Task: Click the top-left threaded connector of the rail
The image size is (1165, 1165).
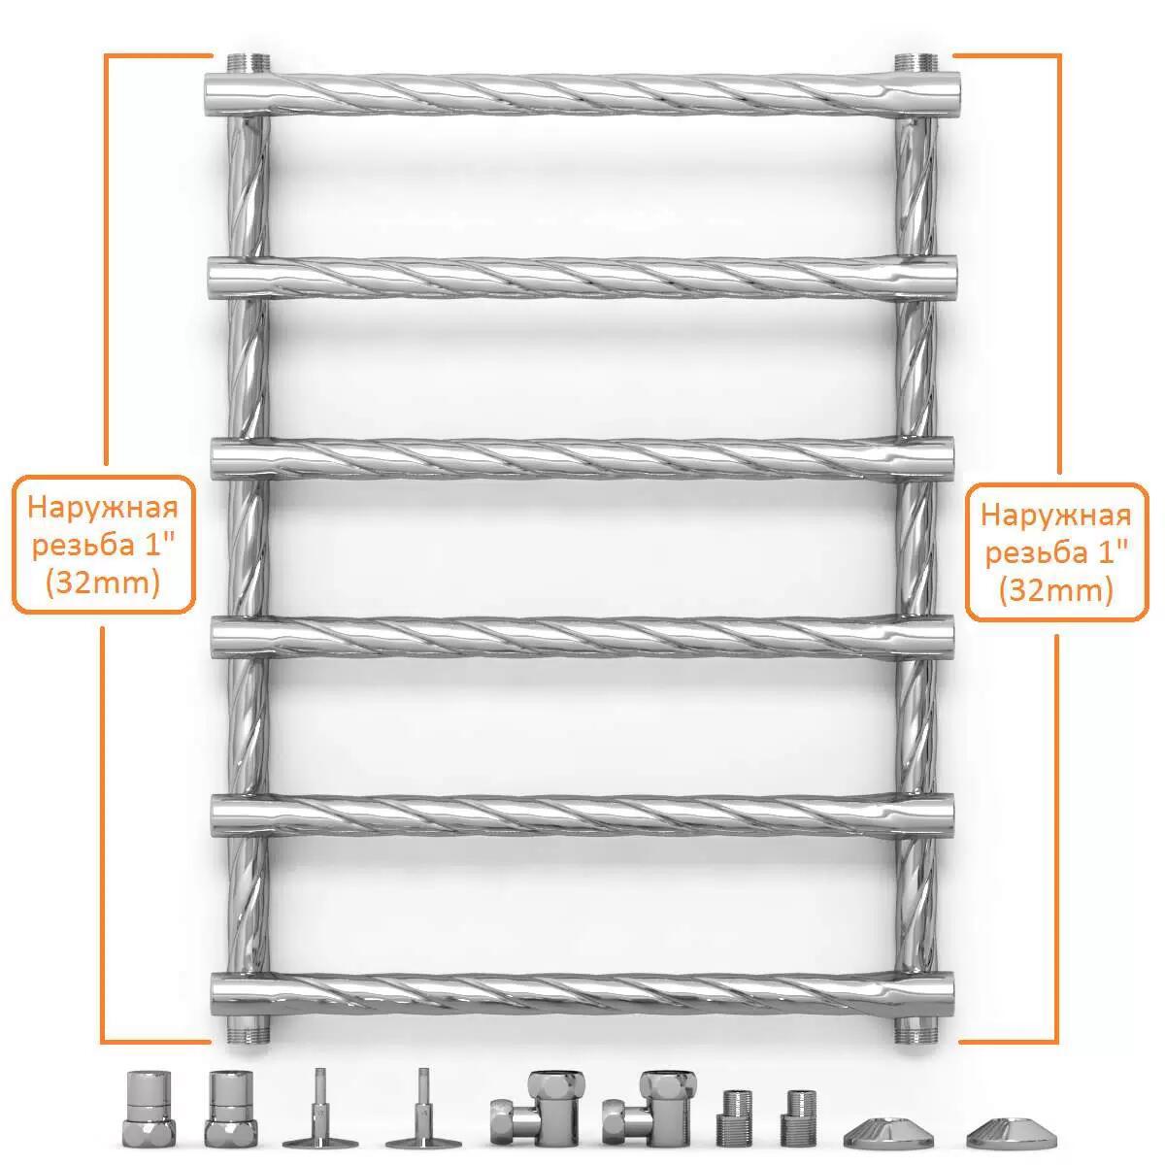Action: [249, 63]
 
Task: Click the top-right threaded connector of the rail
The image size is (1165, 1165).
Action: [915, 63]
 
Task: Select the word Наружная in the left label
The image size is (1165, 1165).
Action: [103, 509]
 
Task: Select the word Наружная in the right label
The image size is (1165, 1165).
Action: [1055, 516]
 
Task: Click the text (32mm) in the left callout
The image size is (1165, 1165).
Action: [103, 583]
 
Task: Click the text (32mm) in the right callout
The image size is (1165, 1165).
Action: [1056, 590]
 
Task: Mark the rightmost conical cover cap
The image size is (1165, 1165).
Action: [1012, 1132]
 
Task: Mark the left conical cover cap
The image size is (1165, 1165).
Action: [888, 1132]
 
